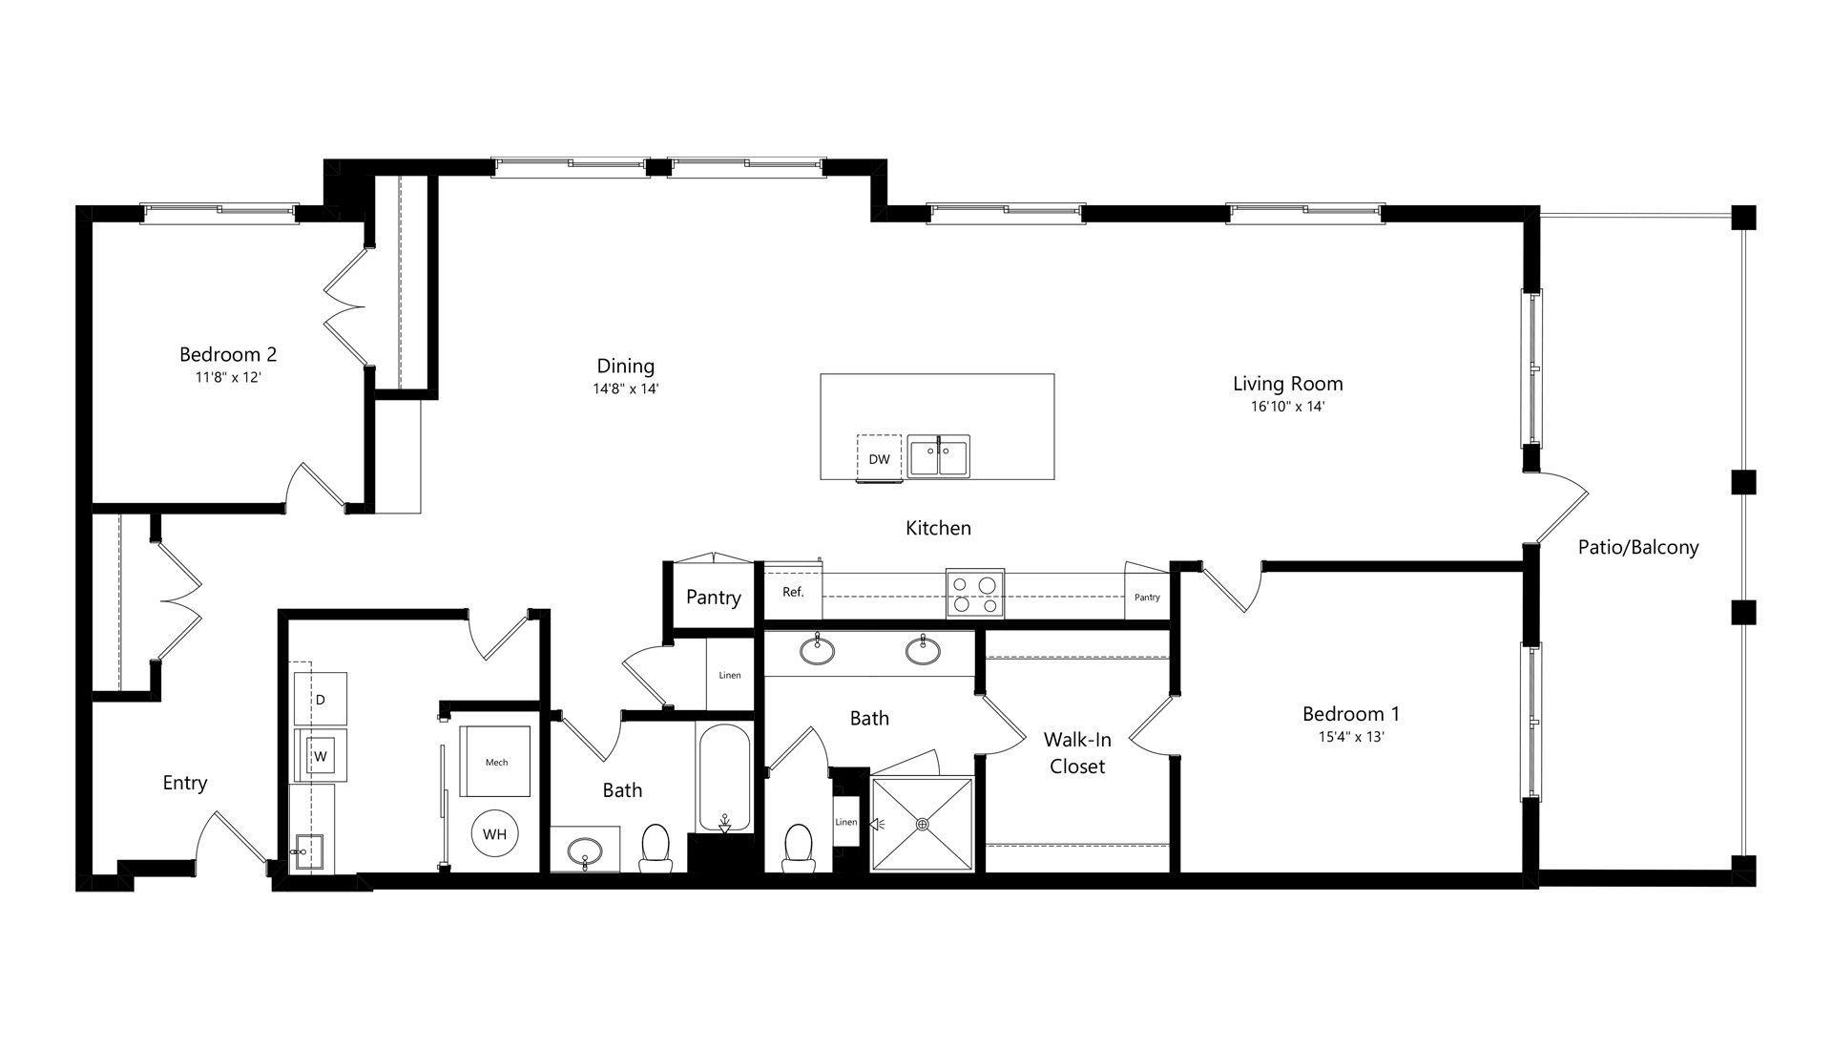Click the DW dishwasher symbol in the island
tap(879, 458)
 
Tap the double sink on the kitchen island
tap(939, 455)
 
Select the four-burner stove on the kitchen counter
tap(975, 592)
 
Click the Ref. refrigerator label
tap(793, 592)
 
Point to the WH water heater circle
tap(494, 834)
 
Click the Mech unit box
tap(496, 762)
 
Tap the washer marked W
tap(321, 756)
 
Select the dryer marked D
tap(321, 700)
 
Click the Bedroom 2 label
tap(228, 354)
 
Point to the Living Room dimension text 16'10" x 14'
tap(1288, 406)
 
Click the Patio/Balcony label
tap(1638, 547)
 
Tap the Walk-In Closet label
tap(1077, 752)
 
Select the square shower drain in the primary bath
tap(922, 824)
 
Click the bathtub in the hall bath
tap(725, 777)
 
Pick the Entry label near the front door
tap(185, 783)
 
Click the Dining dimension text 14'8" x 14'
tap(626, 388)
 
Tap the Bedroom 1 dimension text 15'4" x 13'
tap(1350, 737)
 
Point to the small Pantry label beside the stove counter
tap(1147, 598)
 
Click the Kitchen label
tap(938, 528)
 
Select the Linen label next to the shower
tap(846, 822)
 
